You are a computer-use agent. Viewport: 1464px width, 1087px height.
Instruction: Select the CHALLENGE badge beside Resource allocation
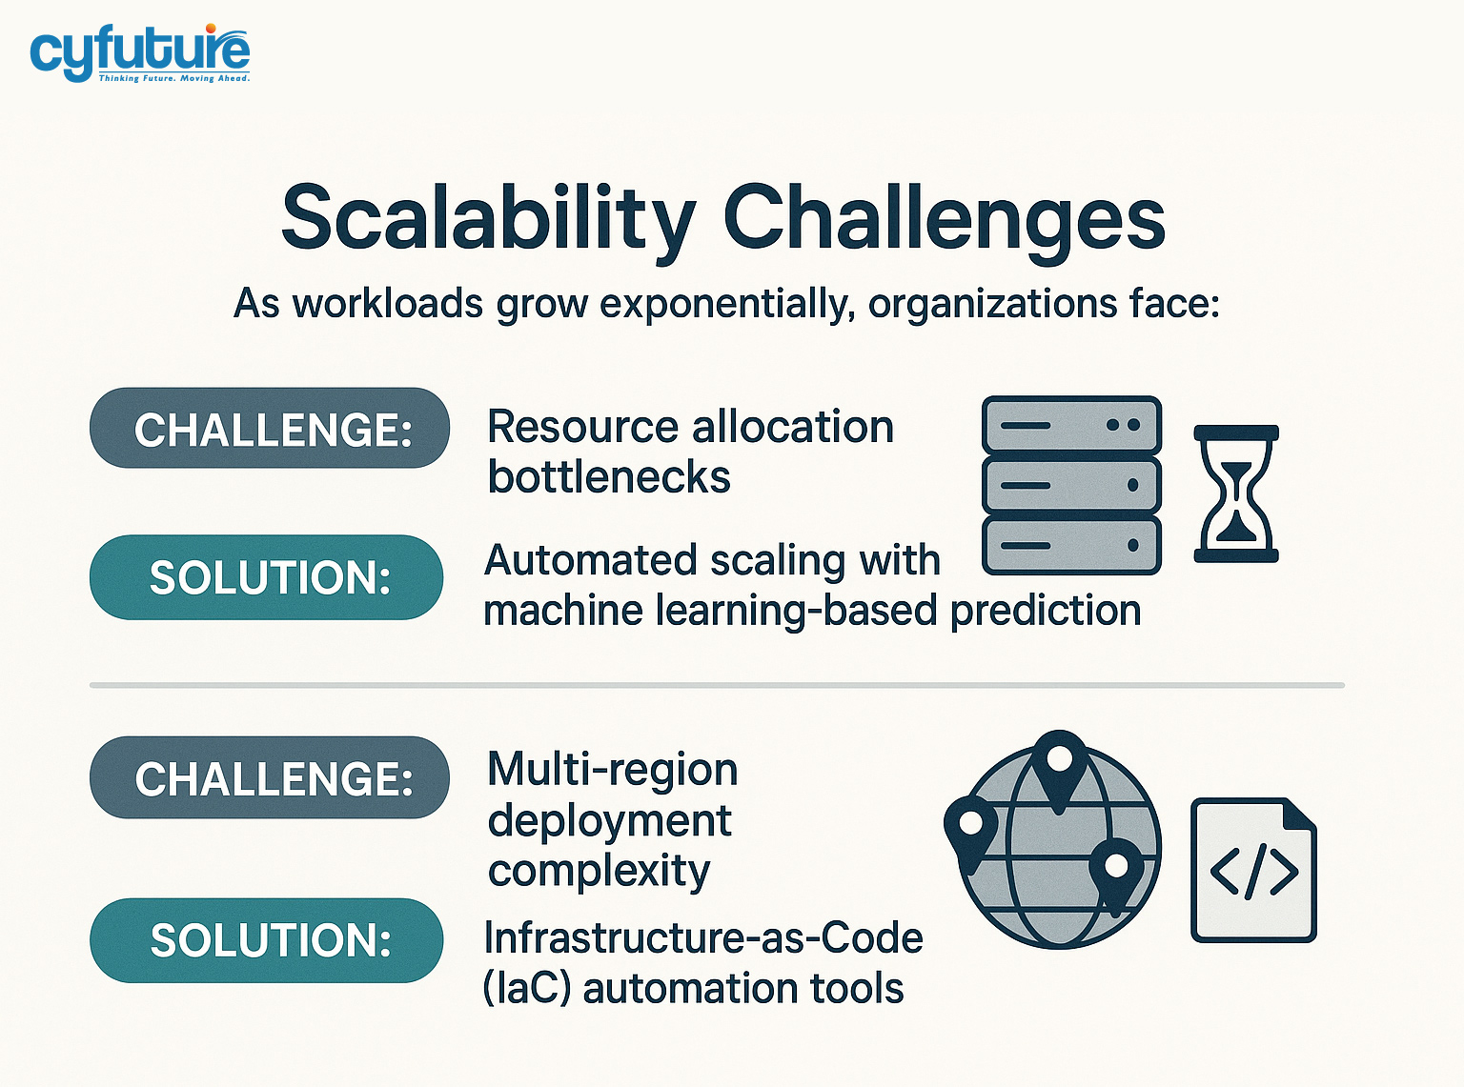[270, 429]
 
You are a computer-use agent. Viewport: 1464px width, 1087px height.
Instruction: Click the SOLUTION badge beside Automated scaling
[267, 577]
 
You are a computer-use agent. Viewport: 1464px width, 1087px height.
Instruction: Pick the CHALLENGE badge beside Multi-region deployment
[270, 778]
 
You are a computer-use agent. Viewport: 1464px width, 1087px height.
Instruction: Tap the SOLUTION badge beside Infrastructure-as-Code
[267, 940]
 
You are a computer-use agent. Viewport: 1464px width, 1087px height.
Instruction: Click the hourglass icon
[1236, 493]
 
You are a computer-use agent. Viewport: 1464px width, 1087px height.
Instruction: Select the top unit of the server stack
[1071, 425]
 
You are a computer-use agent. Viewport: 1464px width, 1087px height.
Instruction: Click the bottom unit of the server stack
[1071, 546]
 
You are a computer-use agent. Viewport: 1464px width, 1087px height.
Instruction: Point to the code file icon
[1253, 871]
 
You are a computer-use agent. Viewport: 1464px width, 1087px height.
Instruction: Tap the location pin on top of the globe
[1059, 763]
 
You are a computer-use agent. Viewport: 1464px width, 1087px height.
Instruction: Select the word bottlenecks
[609, 476]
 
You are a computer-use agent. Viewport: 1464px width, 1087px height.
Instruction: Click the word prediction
[1046, 610]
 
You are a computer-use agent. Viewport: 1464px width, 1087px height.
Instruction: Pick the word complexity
[599, 871]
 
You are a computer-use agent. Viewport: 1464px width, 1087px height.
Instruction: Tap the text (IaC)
[526, 988]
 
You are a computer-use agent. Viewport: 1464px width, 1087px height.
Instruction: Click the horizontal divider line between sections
[717, 685]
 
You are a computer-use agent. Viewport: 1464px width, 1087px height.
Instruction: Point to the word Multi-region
[612, 769]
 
